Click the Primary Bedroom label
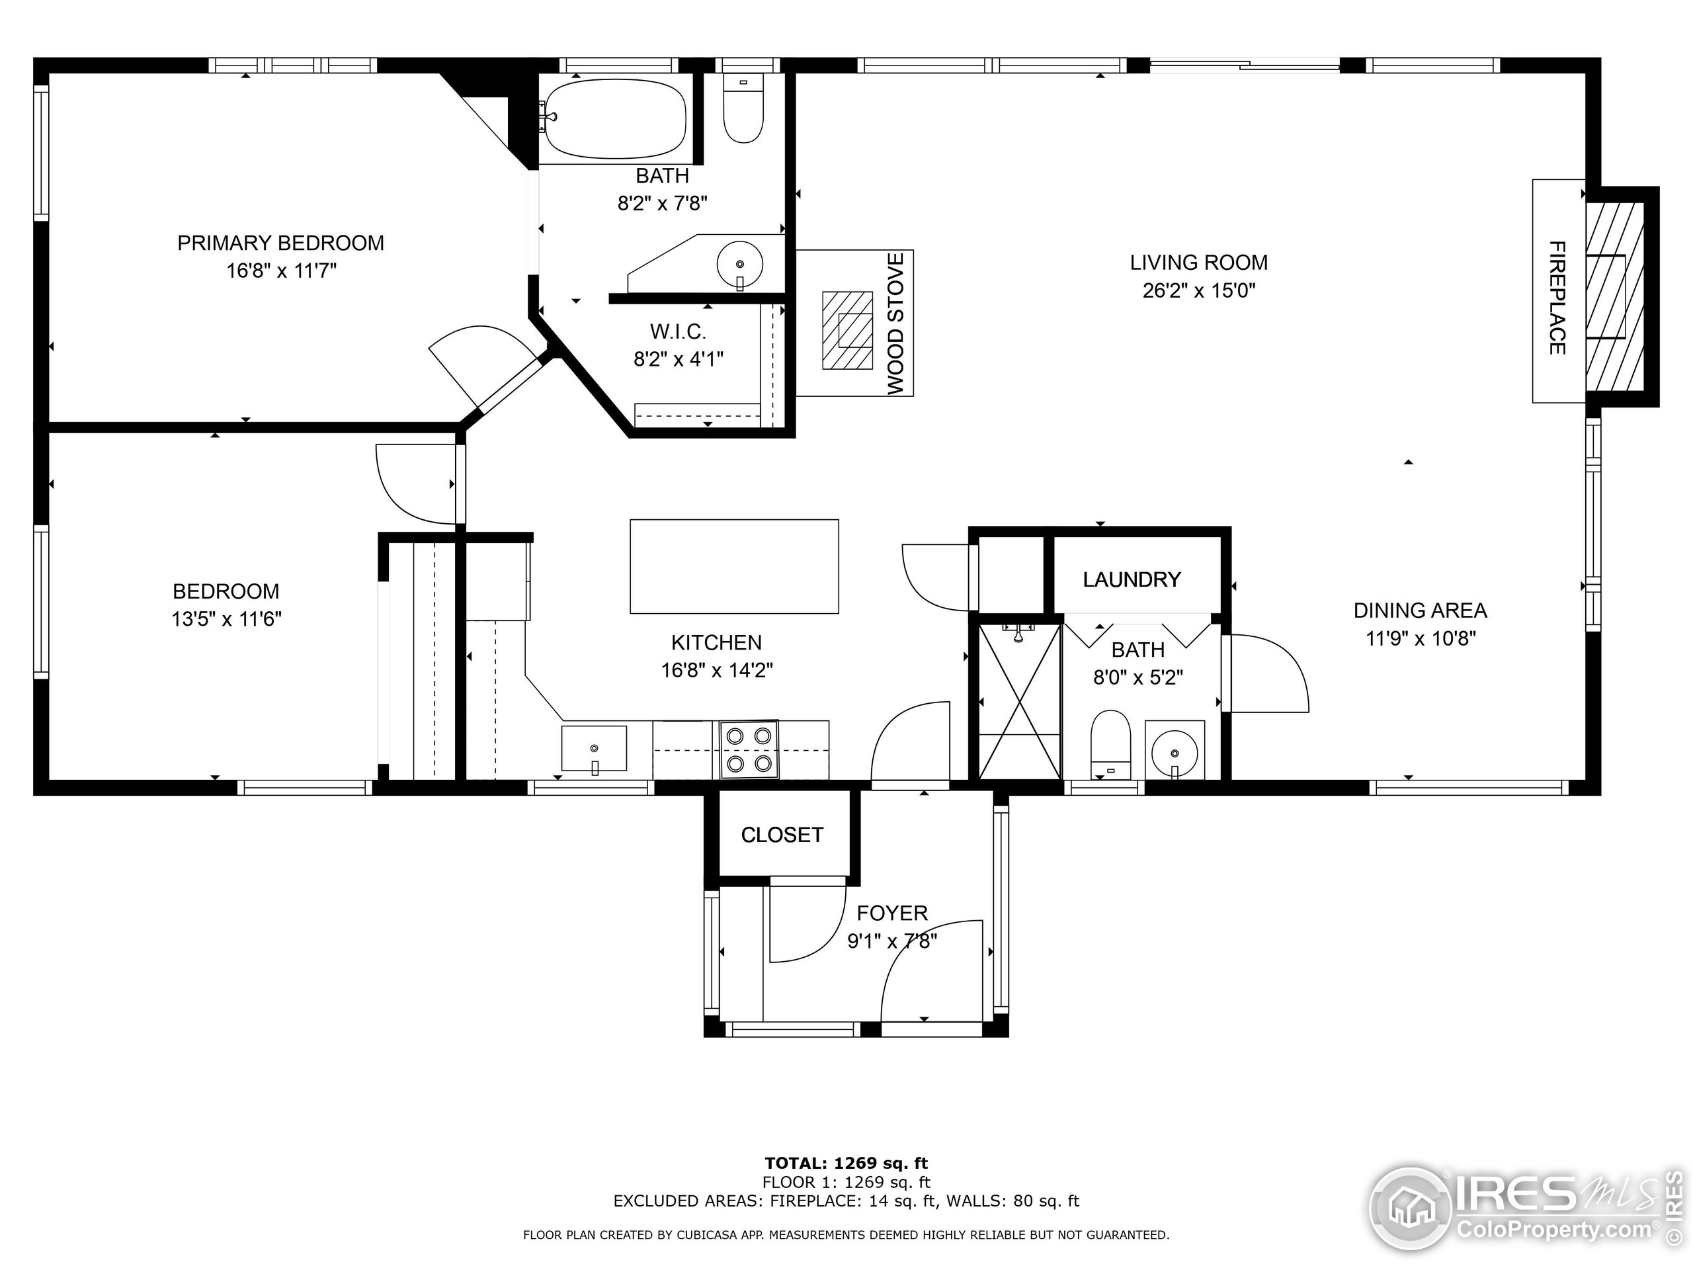click(x=281, y=243)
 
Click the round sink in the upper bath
click(x=739, y=264)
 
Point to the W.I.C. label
click(x=678, y=331)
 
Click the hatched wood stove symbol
click(x=847, y=330)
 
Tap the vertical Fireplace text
click(x=1557, y=298)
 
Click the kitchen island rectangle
click(x=734, y=566)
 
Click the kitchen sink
click(x=594, y=749)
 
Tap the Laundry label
click(x=1132, y=579)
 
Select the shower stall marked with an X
click(x=1020, y=701)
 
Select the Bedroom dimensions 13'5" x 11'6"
click(x=227, y=618)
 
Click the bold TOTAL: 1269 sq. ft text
click(x=846, y=1164)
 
